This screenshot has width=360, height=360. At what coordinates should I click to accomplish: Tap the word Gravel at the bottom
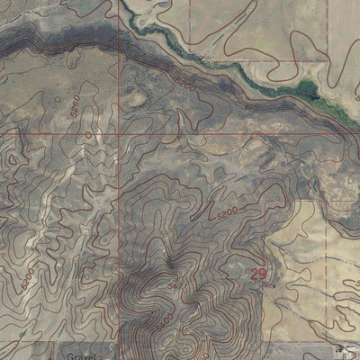(81, 355)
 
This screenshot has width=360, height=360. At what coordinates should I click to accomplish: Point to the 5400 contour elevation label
(164, 319)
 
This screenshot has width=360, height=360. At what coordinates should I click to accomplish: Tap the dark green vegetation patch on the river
(307, 88)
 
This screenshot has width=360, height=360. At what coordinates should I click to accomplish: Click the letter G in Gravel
(68, 355)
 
